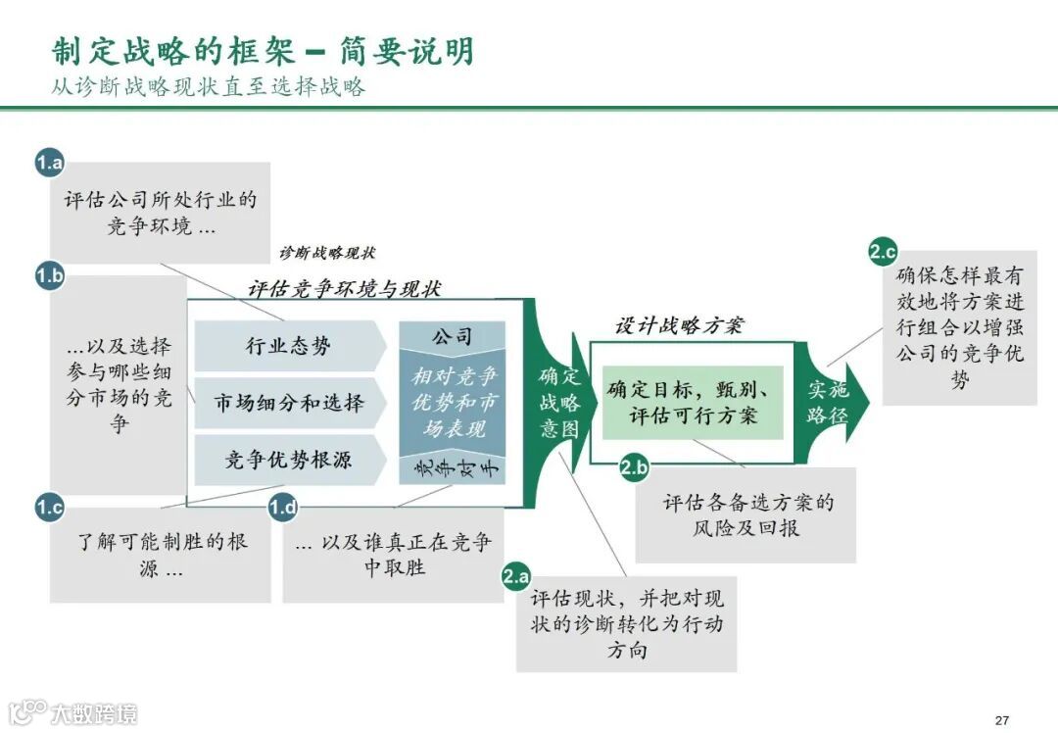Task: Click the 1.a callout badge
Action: (x=50, y=163)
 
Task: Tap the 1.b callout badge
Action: (x=50, y=276)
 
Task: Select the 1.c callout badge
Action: (x=50, y=508)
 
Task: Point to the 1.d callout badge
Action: (x=283, y=508)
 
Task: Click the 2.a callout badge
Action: (x=516, y=577)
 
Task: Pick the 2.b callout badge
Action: (x=634, y=468)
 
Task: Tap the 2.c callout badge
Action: (x=883, y=252)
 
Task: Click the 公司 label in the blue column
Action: (x=452, y=336)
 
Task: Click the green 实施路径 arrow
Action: (x=831, y=402)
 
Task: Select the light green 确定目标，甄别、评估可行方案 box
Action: (x=694, y=402)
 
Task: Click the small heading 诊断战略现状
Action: (x=327, y=253)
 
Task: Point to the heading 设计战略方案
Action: (x=678, y=325)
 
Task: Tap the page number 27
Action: (x=1000, y=718)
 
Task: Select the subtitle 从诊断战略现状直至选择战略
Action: (x=209, y=86)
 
